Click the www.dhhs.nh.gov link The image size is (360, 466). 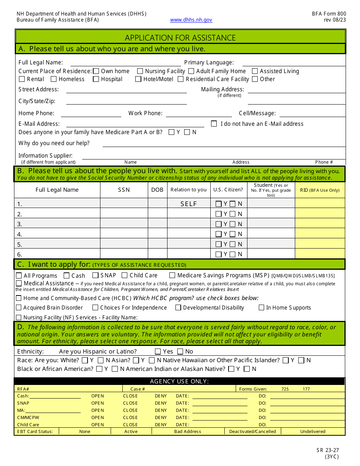click(191, 20)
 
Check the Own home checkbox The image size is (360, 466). click(96, 71)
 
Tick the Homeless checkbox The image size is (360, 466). click(53, 79)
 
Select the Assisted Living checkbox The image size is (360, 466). click(255, 71)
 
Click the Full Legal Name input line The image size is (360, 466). click(125, 63)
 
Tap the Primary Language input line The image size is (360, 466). click(294, 63)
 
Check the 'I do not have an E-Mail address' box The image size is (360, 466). click(214, 124)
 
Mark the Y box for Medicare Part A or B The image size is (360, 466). click(172, 132)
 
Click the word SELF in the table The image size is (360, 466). click(189, 204)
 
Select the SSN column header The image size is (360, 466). click(124, 190)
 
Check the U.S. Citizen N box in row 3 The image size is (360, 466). click(233, 224)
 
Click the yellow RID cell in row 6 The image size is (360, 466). click(320, 254)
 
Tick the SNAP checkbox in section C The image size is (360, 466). click(95, 275)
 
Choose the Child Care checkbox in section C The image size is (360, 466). click(124, 275)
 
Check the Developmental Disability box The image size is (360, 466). click(178, 308)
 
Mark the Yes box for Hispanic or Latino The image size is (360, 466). click(158, 352)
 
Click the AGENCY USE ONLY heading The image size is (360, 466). click(179, 382)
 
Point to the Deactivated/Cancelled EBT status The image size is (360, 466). click(252, 432)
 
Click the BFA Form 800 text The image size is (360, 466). click(329, 14)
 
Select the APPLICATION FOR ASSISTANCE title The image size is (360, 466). click(180, 38)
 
